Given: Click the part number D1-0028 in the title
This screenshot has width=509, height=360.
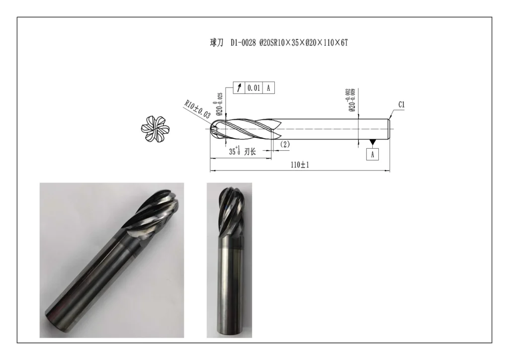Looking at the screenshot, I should point(244,43).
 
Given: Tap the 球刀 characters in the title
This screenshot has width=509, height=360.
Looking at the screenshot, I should point(216,43).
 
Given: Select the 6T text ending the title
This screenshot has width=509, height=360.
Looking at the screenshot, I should point(342,43).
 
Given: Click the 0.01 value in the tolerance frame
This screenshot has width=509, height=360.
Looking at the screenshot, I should point(254,88).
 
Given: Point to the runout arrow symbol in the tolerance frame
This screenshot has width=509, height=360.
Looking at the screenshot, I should point(240,88).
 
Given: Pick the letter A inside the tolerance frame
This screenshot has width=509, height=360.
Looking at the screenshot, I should point(268,88).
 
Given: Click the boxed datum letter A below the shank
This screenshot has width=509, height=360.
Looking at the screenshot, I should point(373,155).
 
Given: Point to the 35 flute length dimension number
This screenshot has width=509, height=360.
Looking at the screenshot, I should point(233,152).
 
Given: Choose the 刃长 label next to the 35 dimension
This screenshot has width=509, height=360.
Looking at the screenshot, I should point(250,152).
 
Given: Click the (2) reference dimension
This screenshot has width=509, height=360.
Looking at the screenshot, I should point(285,144).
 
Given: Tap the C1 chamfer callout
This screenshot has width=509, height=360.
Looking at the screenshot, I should point(402,105).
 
